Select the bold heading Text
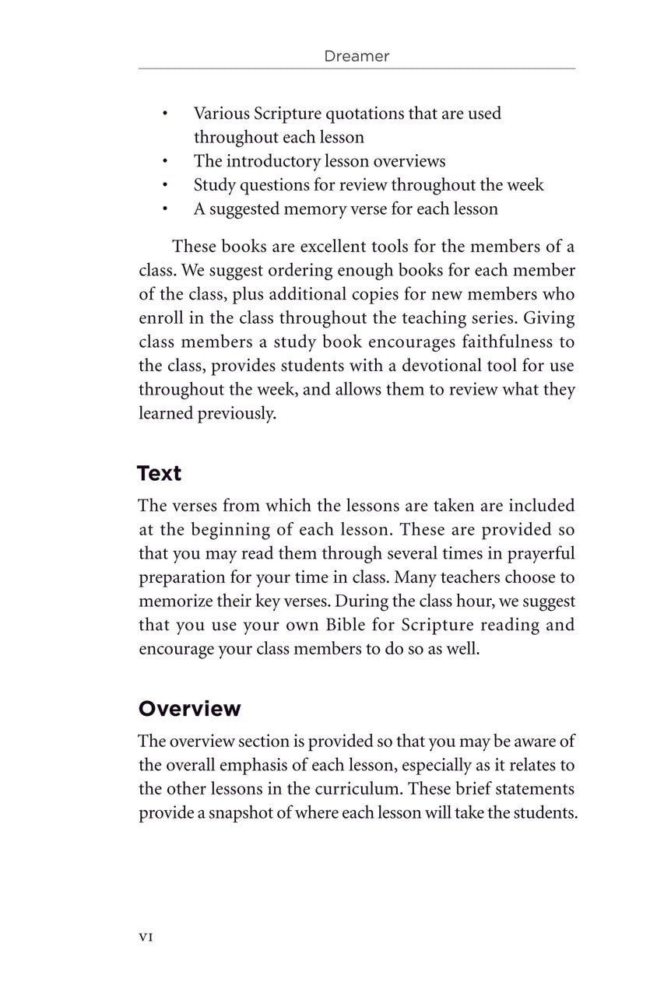[x=159, y=473]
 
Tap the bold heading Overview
[x=189, y=709]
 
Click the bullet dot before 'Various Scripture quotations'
[x=166, y=114]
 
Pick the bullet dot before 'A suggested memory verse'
[x=166, y=209]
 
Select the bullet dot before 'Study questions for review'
[x=166, y=186]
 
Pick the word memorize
[x=174, y=601]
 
